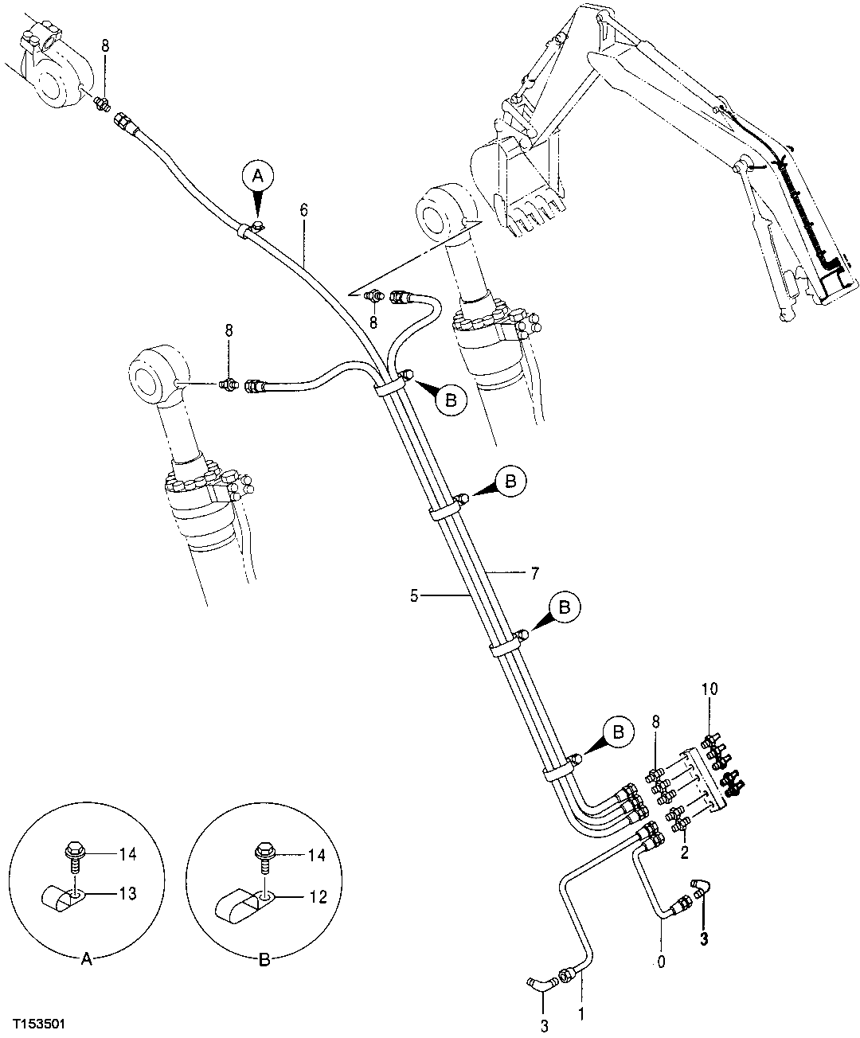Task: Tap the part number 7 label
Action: (x=535, y=572)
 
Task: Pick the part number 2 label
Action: (x=684, y=852)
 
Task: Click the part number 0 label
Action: (x=660, y=963)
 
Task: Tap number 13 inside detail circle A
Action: (x=128, y=894)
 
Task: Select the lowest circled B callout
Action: (x=618, y=731)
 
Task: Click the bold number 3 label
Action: (x=703, y=938)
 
